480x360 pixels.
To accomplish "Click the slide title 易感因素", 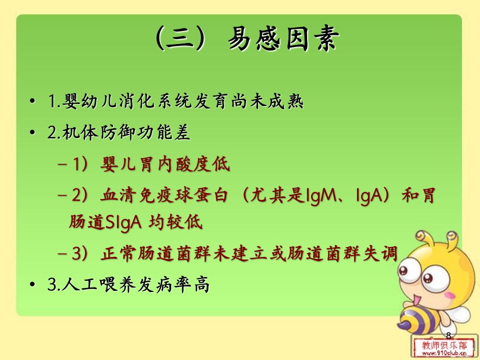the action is [284, 38].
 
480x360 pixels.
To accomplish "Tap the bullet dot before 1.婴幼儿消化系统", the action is [32, 101].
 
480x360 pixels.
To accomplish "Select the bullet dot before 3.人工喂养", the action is [32, 284].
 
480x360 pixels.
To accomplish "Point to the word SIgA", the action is [123, 221].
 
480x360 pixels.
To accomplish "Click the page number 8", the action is [448, 335].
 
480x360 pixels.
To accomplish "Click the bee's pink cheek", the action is [449, 295].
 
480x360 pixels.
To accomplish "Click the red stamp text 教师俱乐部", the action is [444, 345].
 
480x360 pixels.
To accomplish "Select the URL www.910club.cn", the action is [444, 353].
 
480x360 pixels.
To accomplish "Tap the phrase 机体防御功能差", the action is [126, 132].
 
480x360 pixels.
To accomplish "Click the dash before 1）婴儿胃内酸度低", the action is [62, 164].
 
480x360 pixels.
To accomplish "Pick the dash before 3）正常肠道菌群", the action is [62, 254].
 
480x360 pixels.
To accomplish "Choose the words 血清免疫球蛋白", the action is [164, 195].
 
